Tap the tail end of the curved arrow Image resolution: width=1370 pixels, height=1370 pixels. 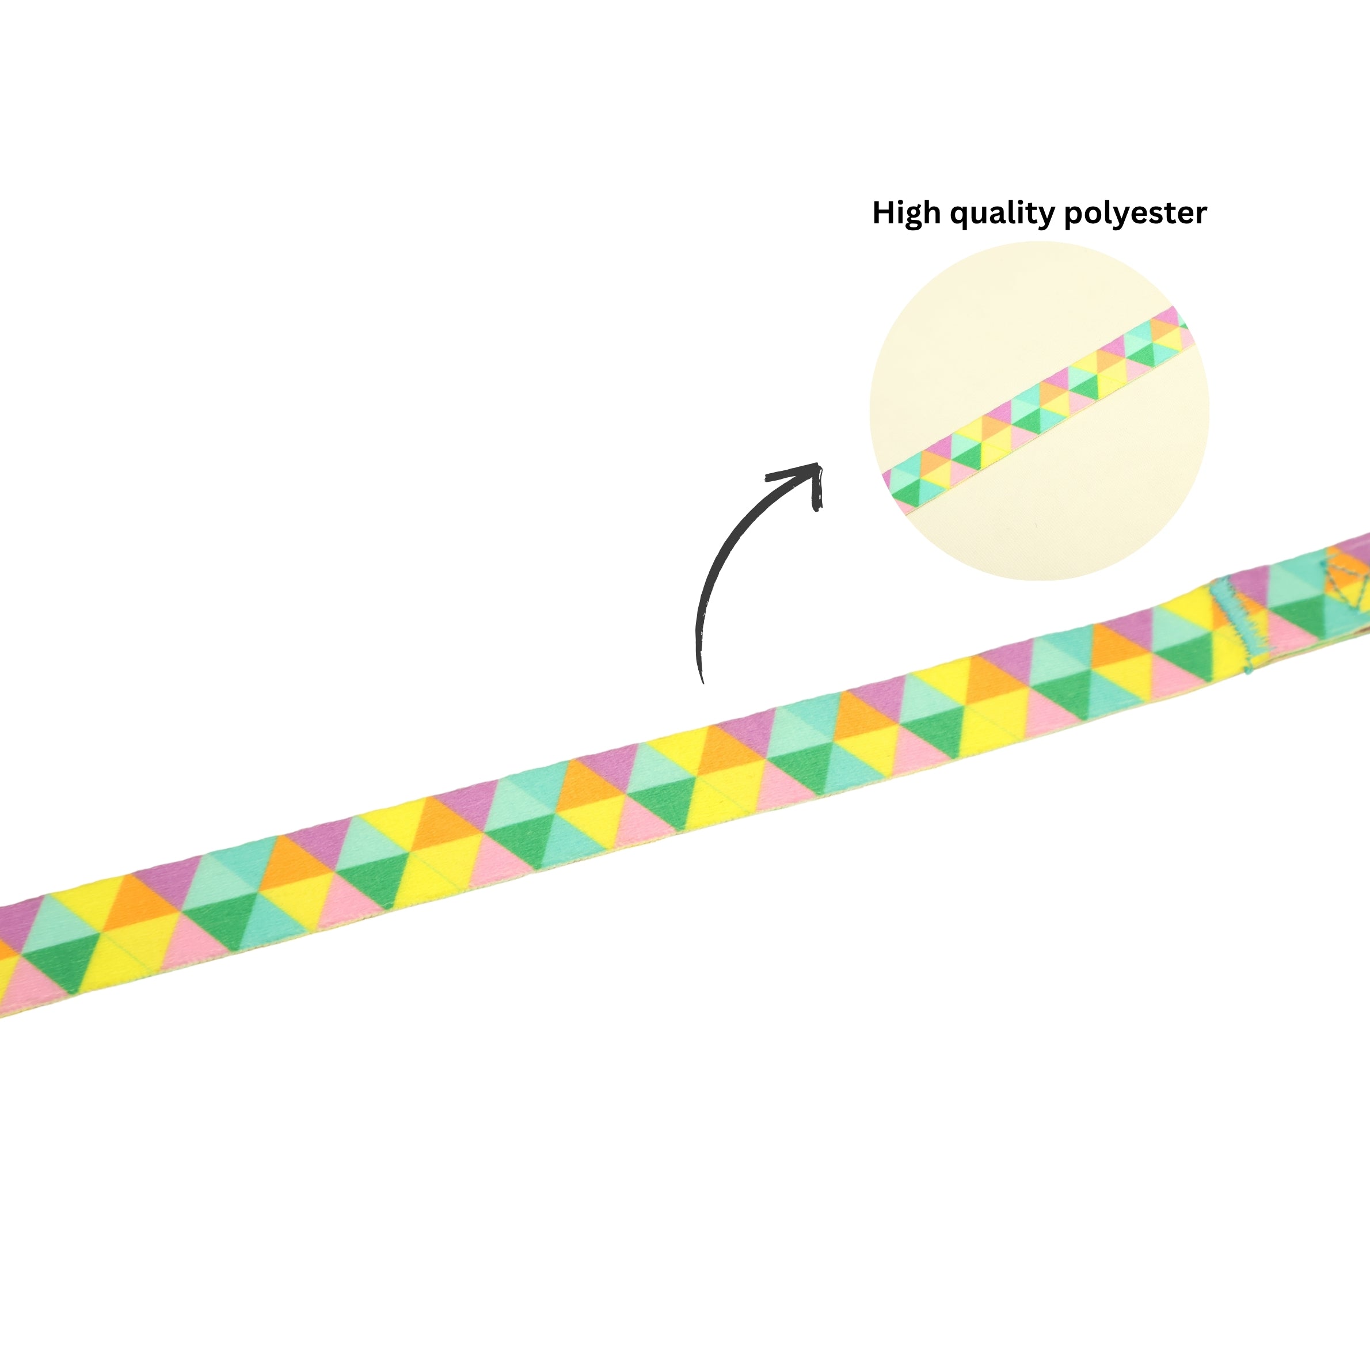tap(702, 682)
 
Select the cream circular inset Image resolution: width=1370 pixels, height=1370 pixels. tap(1039, 410)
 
